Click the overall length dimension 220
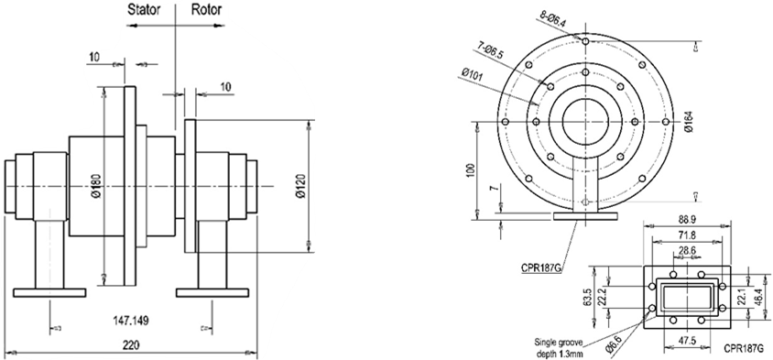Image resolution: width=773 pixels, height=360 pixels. tap(133, 346)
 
